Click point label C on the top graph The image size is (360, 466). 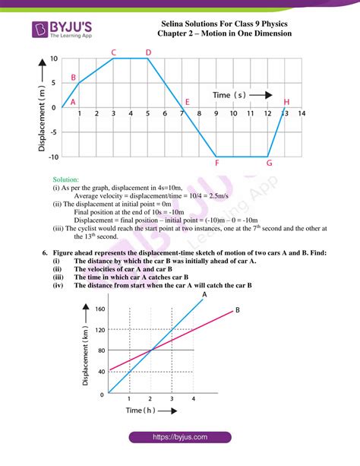(x=113, y=52)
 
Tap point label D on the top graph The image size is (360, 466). (x=148, y=52)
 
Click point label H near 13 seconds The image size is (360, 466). (x=286, y=102)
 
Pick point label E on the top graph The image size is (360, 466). (x=187, y=102)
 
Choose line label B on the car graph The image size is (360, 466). (x=237, y=309)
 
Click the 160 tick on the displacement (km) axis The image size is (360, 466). (x=99, y=309)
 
